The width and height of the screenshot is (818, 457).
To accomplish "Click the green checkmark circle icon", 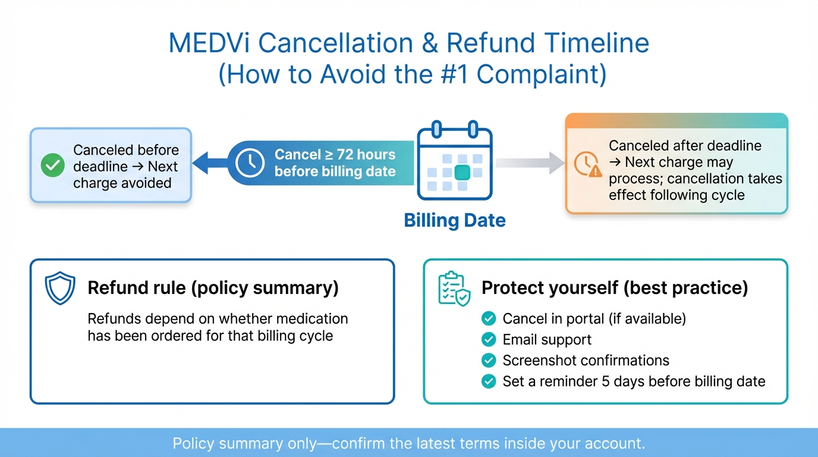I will point(52,166).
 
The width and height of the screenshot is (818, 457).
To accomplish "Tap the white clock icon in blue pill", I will point(250,162).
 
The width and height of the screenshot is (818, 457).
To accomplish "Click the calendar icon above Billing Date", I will point(454,161).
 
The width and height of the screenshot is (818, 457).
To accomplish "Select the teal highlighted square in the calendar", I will point(463,173).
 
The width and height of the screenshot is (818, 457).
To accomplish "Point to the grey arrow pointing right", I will point(530,162).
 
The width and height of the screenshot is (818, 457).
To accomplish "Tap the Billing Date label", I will point(455,221).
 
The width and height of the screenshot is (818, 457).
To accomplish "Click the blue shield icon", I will point(60,289).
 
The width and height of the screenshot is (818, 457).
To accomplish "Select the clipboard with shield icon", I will point(454,289).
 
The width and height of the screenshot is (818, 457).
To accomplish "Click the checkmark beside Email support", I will point(488,340).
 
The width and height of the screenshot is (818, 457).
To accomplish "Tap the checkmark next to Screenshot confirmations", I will point(488,361).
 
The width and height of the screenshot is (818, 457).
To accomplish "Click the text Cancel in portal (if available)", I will point(594,319).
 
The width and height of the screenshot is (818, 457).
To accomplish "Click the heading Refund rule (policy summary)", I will point(213,288).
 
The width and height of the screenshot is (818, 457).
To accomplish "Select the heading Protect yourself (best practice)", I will point(614,288).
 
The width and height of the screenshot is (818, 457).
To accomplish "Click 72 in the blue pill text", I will point(345,155).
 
